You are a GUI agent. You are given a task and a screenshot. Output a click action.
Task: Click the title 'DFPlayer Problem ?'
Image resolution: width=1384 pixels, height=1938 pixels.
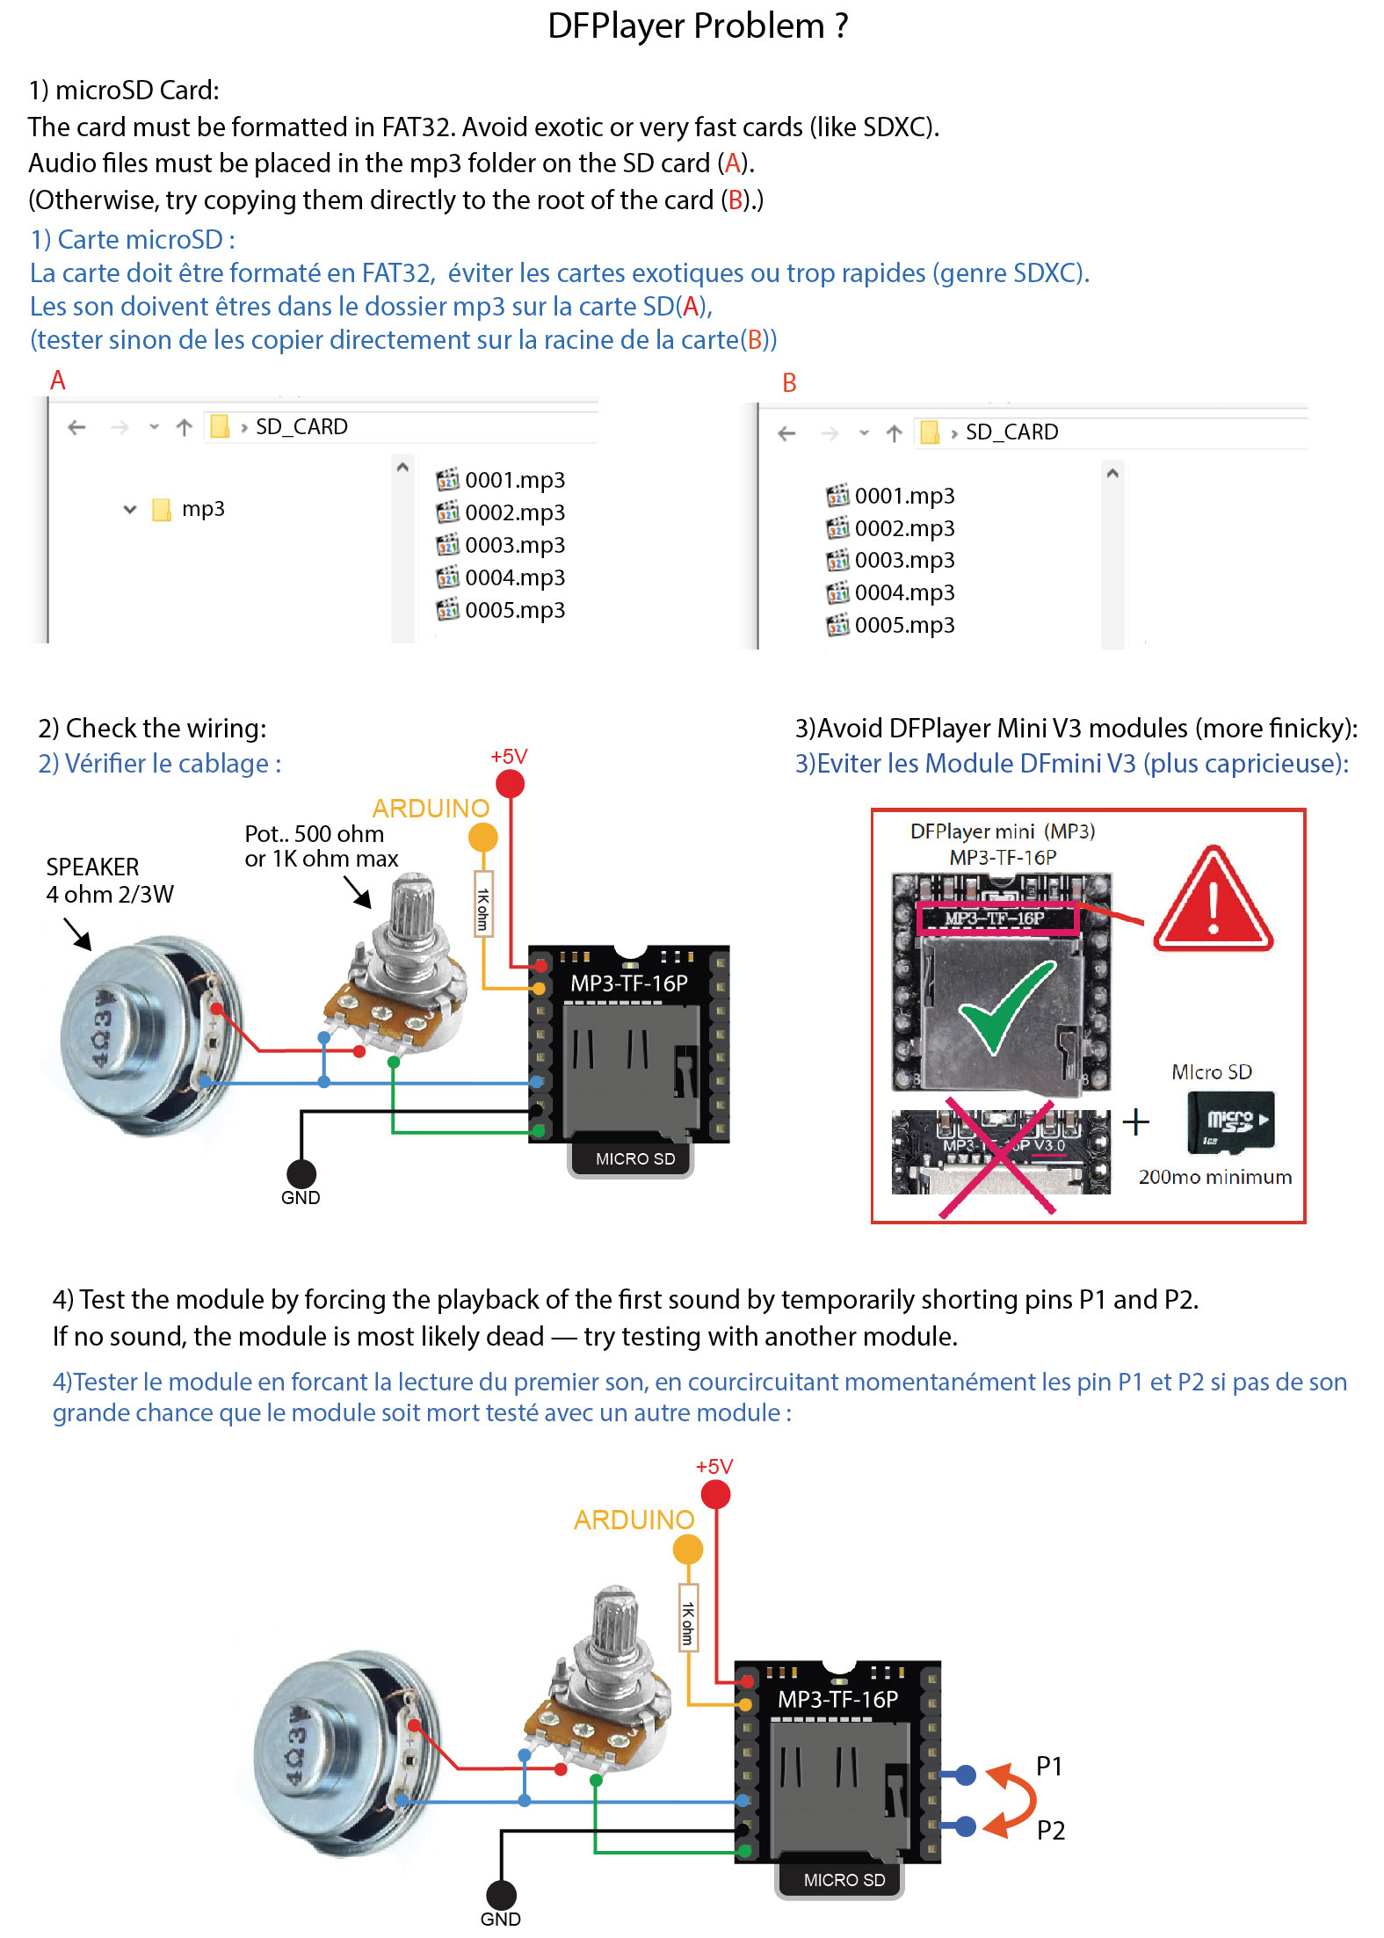(x=698, y=26)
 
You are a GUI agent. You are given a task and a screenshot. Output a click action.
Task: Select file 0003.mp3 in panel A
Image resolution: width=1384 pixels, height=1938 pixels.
(x=514, y=545)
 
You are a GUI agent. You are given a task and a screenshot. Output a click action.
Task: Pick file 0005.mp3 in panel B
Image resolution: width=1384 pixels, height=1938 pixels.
(x=904, y=625)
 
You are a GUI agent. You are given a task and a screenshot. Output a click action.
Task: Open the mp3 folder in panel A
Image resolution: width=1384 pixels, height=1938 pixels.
(x=202, y=509)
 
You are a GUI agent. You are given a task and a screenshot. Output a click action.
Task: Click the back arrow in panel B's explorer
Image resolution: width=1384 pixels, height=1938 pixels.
(x=786, y=433)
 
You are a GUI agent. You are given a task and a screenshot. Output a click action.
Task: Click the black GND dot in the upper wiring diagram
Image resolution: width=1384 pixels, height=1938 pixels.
(x=301, y=1173)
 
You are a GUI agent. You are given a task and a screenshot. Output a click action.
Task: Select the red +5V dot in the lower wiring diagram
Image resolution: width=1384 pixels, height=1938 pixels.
(x=715, y=1494)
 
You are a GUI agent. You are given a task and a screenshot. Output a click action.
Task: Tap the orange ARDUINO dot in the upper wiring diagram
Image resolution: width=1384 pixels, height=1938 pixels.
(x=482, y=838)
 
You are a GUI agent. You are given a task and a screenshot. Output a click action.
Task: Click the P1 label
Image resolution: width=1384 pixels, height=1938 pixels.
(x=1049, y=1767)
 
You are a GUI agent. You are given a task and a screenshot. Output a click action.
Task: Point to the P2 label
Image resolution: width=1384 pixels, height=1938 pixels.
(x=1050, y=1831)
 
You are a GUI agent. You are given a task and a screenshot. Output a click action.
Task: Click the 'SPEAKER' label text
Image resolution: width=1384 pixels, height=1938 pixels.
(x=92, y=867)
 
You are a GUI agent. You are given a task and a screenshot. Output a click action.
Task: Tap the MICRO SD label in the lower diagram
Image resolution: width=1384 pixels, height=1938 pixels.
(x=844, y=1880)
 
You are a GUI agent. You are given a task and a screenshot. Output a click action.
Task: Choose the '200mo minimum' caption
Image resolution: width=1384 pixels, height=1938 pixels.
(x=1214, y=1177)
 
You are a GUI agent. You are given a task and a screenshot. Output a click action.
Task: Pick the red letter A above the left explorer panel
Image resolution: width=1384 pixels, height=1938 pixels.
(x=58, y=381)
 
